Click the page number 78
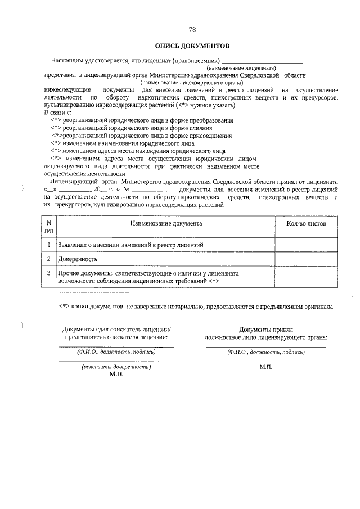[192, 30]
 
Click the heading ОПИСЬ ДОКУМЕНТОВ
[192, 46]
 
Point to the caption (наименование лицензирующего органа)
[191, 82]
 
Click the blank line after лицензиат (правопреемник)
[262, 60]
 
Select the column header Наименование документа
[166, 223]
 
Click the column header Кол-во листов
[306, 223]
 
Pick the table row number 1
[49, 245]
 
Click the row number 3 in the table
[49, 273]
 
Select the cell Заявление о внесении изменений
[127, 245]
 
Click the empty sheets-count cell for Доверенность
[306, 259]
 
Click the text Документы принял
[266, 330]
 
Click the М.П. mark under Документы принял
[266, 367]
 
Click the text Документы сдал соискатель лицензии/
[116, 330]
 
